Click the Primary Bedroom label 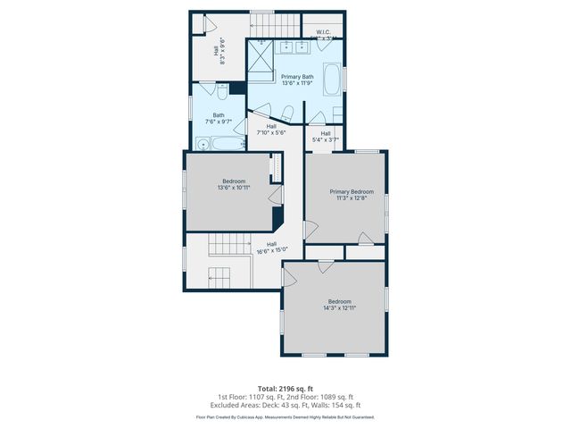[351, 192]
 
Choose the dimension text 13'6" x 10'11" [233, 188]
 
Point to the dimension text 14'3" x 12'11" [340, 307]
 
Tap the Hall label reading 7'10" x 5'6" [271, 132]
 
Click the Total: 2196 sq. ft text [285, 388]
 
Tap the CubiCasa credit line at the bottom [285, 416]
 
